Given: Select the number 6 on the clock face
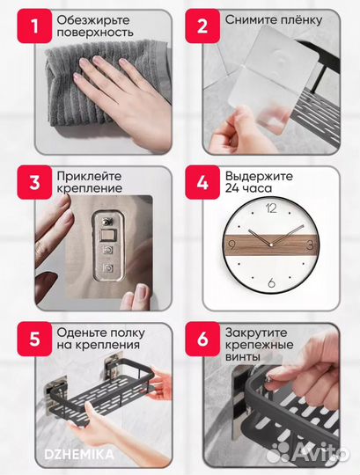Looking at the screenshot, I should (269, 282).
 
